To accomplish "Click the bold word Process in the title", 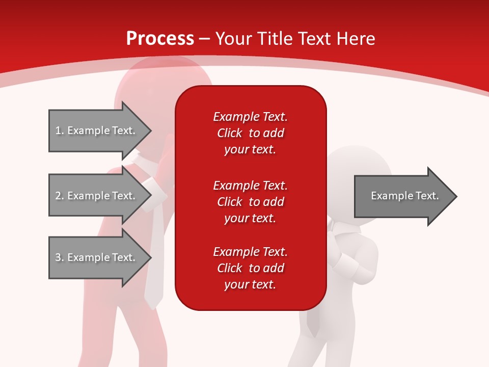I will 160,39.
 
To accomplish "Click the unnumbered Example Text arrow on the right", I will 404,196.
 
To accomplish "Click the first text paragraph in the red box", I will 250,133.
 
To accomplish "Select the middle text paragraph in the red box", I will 250,202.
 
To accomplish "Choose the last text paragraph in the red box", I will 250,268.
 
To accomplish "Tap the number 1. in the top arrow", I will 59,130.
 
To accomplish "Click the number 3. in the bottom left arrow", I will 59,257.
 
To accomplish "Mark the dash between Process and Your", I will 205,39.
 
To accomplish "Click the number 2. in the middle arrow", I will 59,196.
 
